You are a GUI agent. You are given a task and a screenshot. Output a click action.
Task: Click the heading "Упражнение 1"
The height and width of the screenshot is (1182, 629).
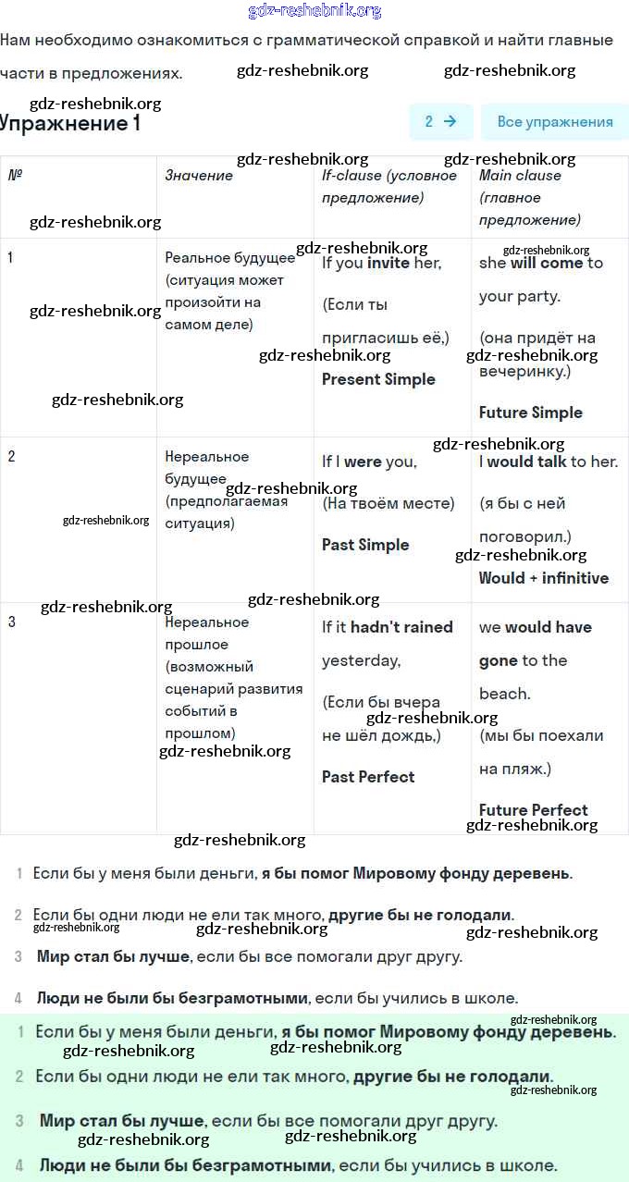click(x=70, y=123)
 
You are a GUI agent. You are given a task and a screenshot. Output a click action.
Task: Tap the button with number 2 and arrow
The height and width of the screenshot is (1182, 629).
click(x=440, y=121)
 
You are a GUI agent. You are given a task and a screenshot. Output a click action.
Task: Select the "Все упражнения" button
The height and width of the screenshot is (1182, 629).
click(x=554, y=121)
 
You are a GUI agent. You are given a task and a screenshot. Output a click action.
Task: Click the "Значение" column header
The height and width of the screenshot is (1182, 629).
click(x=199, y=175)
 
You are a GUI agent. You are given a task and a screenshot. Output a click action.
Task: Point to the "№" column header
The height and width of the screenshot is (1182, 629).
click(x=15, y=175)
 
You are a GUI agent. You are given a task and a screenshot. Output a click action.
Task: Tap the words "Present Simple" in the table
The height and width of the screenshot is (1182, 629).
click(x=378, y=379)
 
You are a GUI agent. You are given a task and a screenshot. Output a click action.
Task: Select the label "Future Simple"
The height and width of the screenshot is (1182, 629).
click(x=531, y=412)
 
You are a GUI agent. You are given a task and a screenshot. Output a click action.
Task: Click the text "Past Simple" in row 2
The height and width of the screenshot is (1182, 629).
click(x=365, y=545)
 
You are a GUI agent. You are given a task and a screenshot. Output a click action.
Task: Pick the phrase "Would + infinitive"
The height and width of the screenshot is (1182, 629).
click(x=544, y=578)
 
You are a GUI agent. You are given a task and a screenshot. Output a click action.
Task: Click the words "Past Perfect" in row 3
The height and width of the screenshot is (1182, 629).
click(x=368, y=777)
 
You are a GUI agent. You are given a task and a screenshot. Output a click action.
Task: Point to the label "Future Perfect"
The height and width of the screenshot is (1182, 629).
click(x=534, y=810)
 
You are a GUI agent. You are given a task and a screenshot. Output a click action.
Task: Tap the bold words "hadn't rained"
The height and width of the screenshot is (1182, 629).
click(x=401, y=627)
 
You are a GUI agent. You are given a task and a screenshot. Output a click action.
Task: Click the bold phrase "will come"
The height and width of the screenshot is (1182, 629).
click(x=547, y=263)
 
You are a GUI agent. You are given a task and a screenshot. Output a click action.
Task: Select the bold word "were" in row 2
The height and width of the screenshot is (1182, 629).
click(x=363, y=462)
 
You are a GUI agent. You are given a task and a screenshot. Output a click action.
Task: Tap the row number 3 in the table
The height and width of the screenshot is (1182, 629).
click(x=11, y=622)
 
